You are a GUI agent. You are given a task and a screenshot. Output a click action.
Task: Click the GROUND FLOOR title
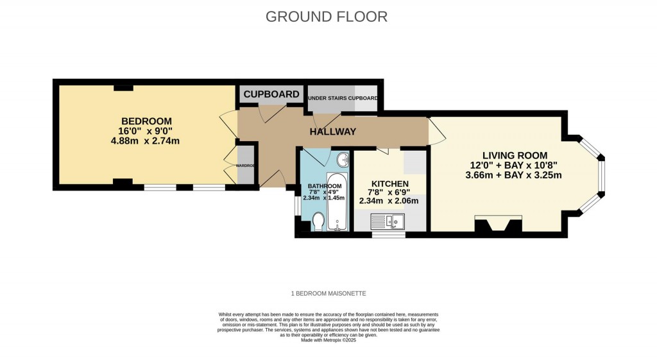(x=327, y=17)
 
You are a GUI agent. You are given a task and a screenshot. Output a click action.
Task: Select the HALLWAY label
(x=332, y=132)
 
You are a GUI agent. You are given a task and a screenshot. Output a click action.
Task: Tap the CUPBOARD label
(x=271, y=94)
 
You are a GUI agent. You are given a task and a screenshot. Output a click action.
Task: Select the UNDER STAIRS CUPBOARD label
(x=343, y=98)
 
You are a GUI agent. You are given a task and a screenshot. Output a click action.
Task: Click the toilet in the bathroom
(x=318, y=221)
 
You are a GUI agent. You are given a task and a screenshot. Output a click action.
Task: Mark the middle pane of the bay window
(x=601, y=176)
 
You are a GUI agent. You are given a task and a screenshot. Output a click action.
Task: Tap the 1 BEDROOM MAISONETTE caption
(x=328, y=293)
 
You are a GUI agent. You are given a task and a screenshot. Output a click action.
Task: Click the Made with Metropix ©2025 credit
(x=328, y=340)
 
